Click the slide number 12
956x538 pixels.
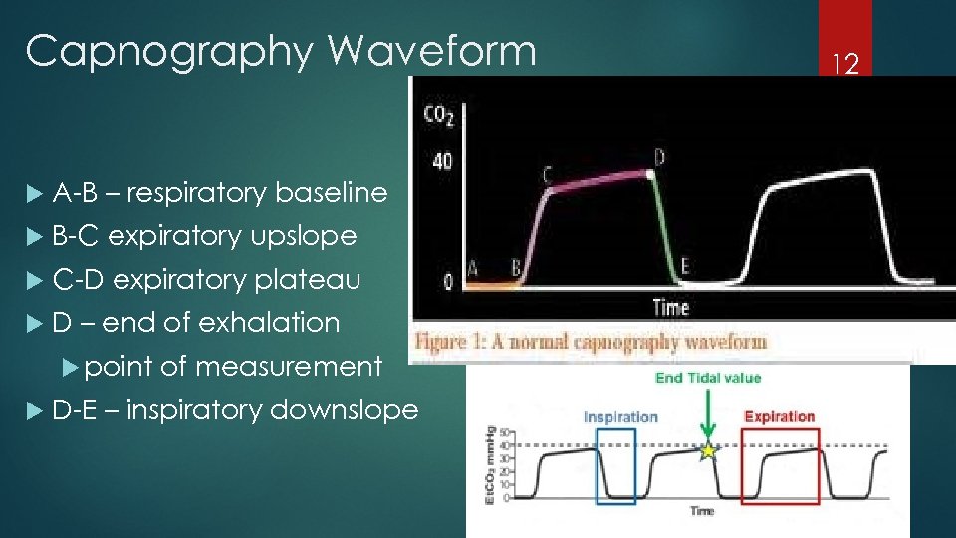(844, 66)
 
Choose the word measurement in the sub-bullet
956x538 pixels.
(289, 366)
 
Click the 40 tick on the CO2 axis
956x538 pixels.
(441, 161)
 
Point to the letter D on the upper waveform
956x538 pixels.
(660, 157)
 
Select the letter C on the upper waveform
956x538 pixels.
(548, 175)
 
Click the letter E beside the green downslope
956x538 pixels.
(684, 266)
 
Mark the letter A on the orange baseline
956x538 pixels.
(472, 267)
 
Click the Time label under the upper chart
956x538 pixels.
(670, 307)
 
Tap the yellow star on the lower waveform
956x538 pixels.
(708, 451)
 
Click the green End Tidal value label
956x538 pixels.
(708, 377)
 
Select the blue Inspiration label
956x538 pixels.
(620, 416)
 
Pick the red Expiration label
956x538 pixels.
(779, 416)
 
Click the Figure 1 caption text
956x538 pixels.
(592, 342)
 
